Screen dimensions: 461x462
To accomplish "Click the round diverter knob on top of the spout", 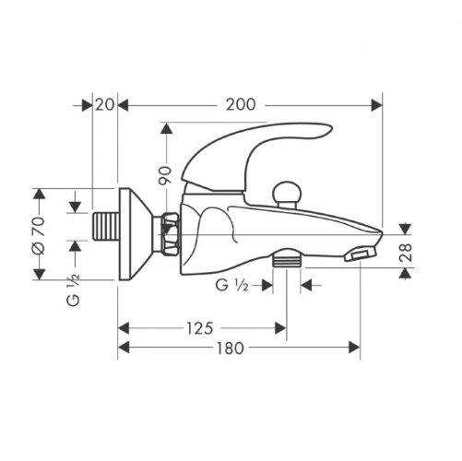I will [288, 193].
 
